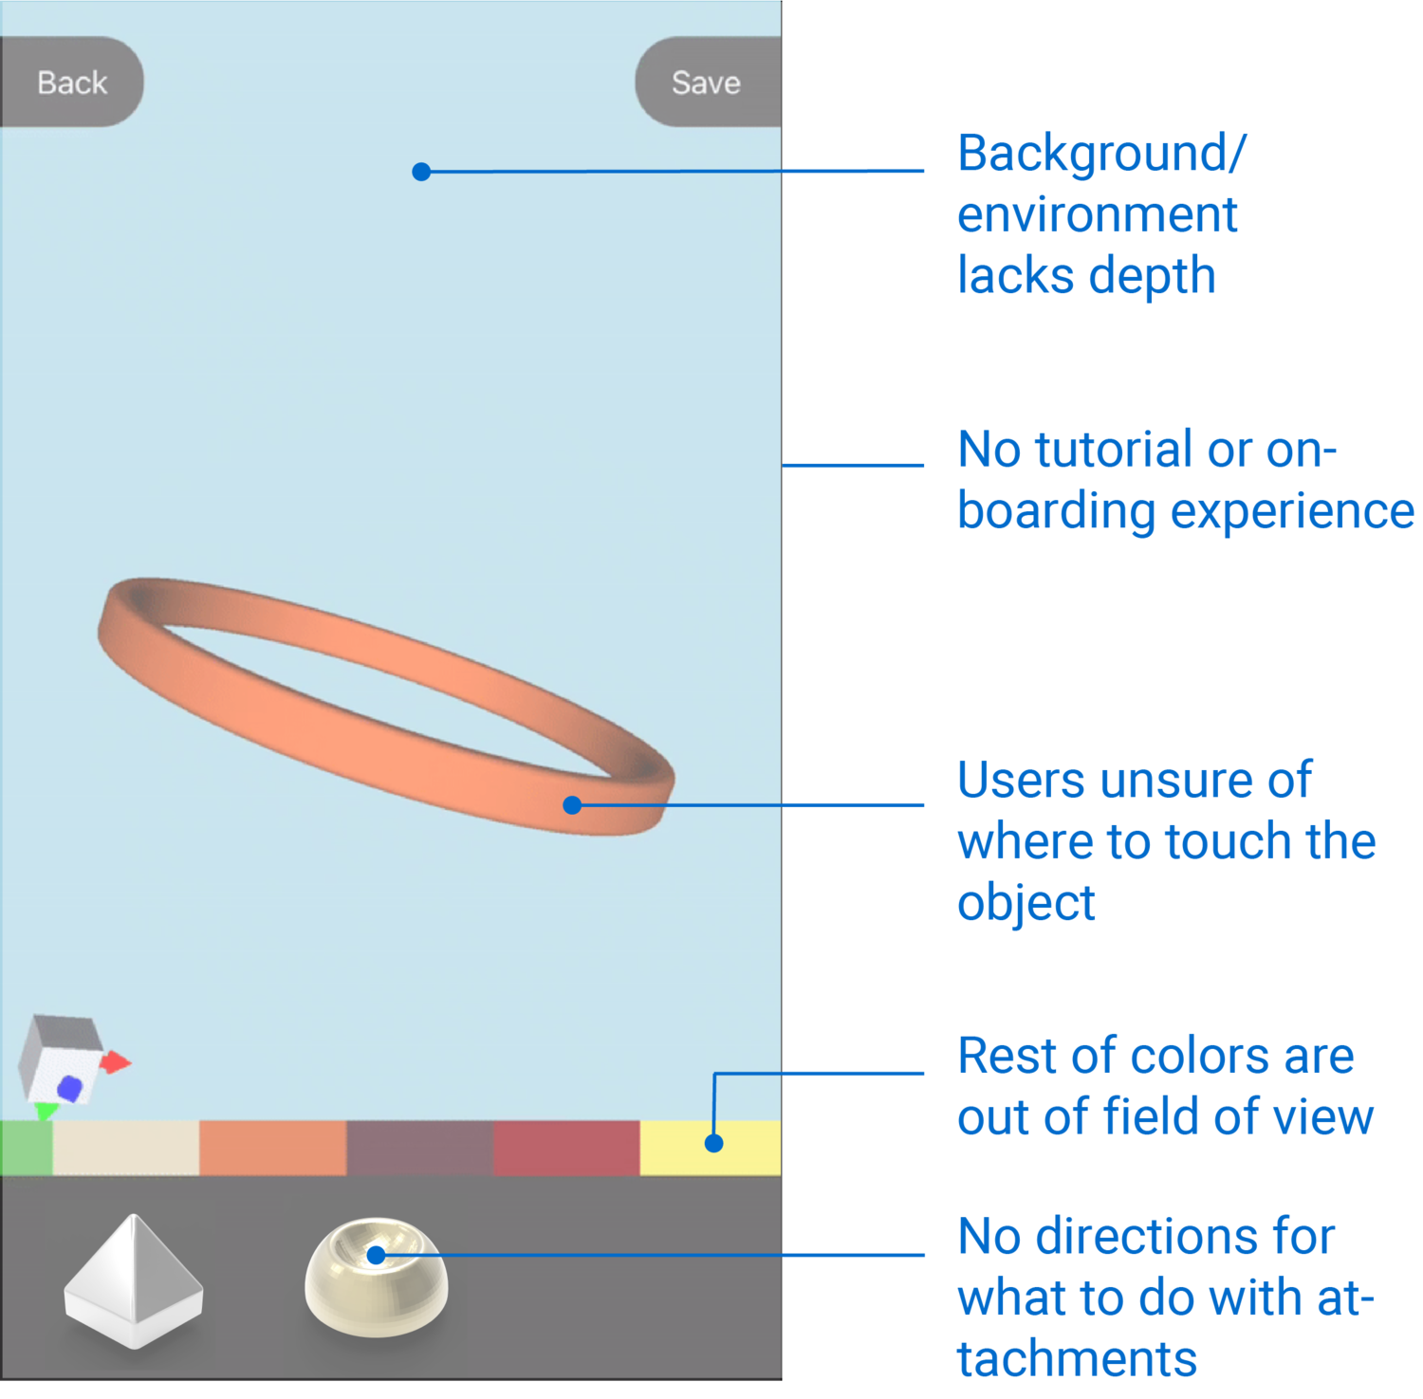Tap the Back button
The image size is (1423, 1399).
coord(71,83)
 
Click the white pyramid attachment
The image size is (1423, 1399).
coord(134,1281)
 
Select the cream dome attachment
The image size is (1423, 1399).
coord(376,1276)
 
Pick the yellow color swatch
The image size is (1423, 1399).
coord(711,1147)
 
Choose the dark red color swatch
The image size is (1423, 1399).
coord(566,1147)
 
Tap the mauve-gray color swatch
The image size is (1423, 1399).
coord(419,1147)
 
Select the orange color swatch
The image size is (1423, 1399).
coord(272,1147)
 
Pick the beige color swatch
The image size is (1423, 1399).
coord(125,1147)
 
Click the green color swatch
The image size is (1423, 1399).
coord(26,1147)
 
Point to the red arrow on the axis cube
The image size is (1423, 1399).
coord(117,1062)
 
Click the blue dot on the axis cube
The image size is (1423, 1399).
coord(69,1087)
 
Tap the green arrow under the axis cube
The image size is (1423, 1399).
coord(45,1110)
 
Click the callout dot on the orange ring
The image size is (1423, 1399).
coord(572,805)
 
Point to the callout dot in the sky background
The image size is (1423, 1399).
coord(421,172)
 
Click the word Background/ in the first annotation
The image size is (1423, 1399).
coord(1101,155)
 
